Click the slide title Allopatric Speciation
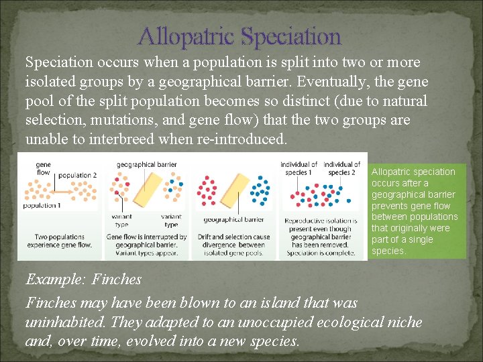point(239,36)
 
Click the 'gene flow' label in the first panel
point(43,168)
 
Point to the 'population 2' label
point(78,176)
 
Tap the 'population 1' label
point(42,206)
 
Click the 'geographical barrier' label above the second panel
point(146,164)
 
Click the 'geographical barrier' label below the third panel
point(233,220)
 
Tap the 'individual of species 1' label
point(299,168)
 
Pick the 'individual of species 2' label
point(341,168)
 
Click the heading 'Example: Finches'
point(83,279)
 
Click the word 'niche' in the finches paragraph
point(405,322)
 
